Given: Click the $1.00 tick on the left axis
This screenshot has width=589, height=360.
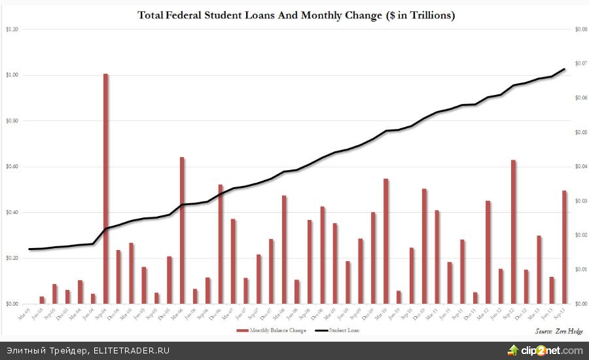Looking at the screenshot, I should [12, 75].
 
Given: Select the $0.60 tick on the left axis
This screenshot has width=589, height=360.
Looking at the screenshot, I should [12, 167].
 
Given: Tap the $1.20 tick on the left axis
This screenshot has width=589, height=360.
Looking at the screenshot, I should [12, 29].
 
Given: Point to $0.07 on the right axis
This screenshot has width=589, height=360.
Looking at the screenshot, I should [580, 63].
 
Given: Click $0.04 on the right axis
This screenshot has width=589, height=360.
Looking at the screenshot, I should [580, 167].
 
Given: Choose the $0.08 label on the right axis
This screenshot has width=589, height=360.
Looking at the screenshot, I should [580, 29].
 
